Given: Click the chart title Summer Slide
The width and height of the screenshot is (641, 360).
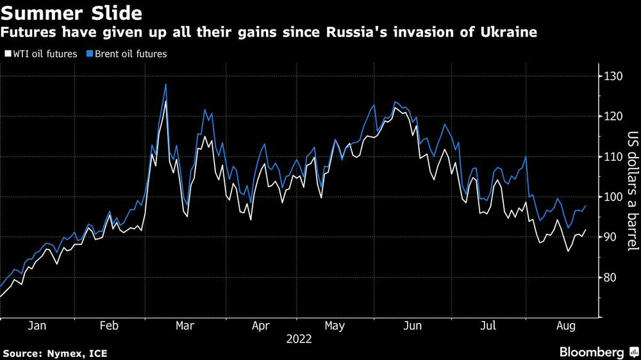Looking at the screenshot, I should [72, 12].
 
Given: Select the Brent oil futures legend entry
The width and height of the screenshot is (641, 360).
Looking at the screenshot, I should [126, 54].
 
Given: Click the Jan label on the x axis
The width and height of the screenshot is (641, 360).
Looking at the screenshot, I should [38, 326].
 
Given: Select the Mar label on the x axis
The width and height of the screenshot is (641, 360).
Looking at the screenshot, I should [185, 326].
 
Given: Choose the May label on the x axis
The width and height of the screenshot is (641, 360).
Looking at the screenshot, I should [335, 326].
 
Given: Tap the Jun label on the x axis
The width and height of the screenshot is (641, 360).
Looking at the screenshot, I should [412, 326].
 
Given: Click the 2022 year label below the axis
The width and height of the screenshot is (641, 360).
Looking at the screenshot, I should [299, 340].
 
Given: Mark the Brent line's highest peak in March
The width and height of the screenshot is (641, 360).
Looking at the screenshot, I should [166, 84].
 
